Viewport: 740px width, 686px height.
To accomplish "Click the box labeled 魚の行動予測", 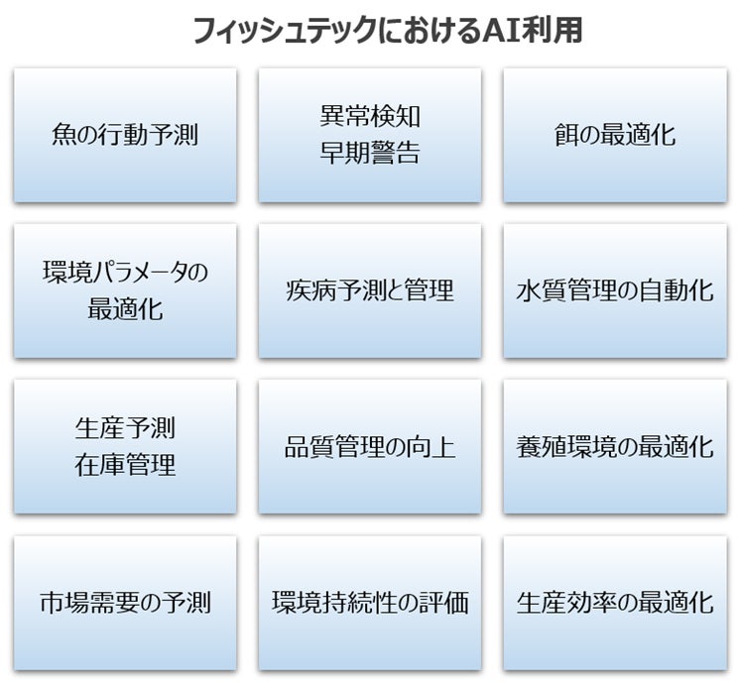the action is tap(125, 135).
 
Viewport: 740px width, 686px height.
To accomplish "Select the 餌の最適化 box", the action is tap(615, 135).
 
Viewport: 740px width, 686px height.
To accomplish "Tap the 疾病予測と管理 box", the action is tap(370, 290).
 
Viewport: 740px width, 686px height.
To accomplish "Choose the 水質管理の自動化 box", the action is tap(615, 290).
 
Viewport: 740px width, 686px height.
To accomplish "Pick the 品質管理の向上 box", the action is tap(370, 446).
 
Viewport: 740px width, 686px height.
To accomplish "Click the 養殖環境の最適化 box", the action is tap(615, 446).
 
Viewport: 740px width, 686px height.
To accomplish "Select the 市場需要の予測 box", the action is tap(125, 602).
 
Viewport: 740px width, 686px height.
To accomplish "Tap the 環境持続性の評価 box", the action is tap(370, 602).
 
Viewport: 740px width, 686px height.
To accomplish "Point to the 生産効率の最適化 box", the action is tap(615, 602).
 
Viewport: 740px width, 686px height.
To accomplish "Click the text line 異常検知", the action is tap(370, 117).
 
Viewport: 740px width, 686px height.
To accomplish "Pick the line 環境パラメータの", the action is tap(125, 273).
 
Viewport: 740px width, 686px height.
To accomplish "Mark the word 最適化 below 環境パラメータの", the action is tap(125, 309).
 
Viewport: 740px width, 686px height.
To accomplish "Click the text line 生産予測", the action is tap(125, 428).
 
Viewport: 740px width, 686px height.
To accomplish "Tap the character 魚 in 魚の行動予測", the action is tap(63, 135).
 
